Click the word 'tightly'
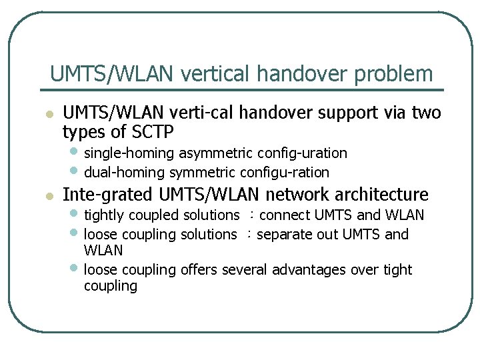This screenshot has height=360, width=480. (x=104, y=215)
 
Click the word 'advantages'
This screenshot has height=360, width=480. (x=311, y=270)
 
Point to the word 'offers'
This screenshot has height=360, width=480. (x=199, y=270)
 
